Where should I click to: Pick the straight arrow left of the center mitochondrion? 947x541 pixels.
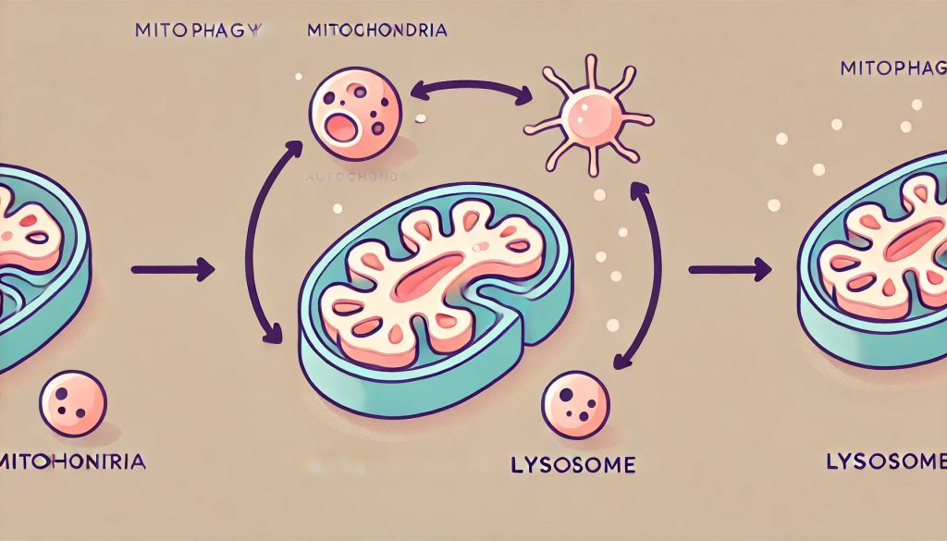[173, 270]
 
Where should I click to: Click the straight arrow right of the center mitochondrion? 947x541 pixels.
[730, 270]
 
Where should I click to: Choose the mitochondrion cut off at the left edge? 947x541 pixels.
[37, 259]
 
